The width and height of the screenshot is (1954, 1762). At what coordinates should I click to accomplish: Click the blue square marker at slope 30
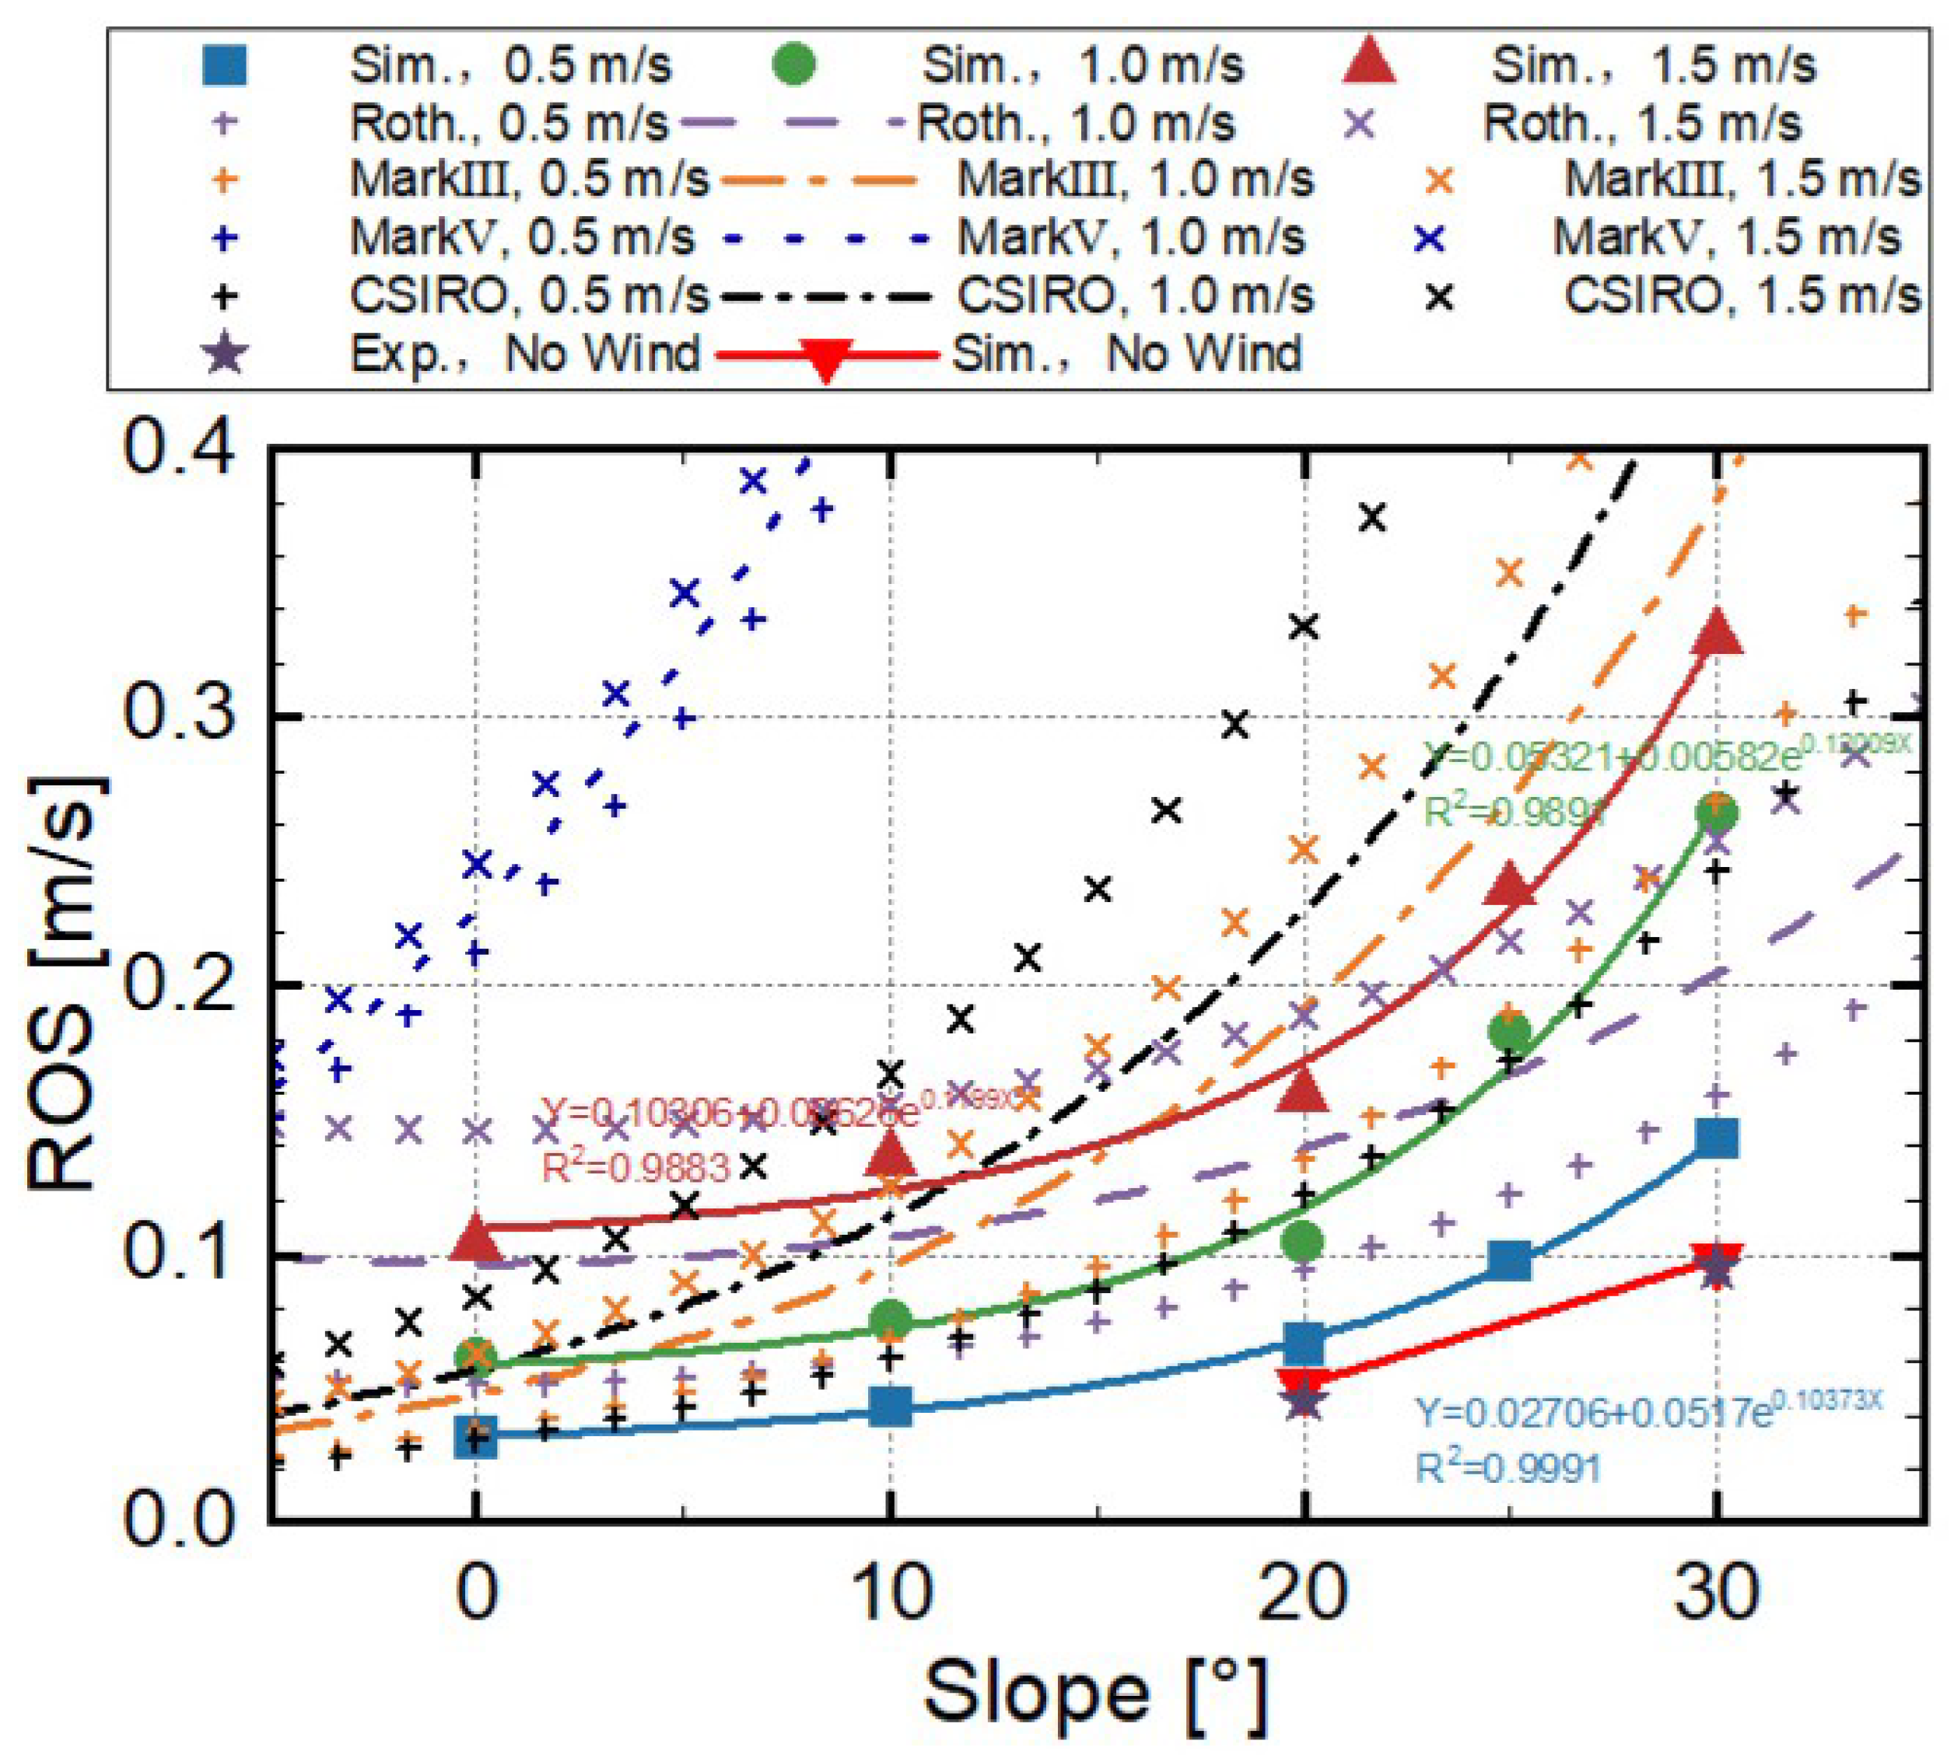coord(1717,1138)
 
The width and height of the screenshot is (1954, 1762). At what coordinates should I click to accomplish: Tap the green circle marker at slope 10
coord(891,1318)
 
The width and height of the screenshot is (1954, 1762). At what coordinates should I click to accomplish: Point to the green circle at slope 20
coord(1304,1240)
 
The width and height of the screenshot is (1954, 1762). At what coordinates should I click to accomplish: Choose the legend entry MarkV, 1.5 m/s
coord(1726,238)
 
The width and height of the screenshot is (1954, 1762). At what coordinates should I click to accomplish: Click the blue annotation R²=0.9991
coord(1508,1469)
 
